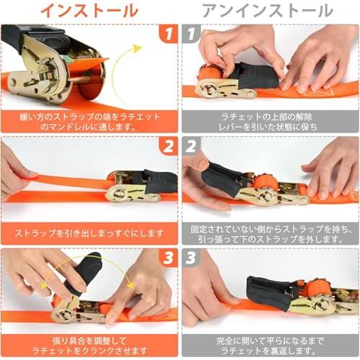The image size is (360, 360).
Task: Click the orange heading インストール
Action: click(89, 11)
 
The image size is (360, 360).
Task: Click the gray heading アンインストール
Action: click(267, 11)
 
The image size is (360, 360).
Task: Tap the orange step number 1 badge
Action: click(168, 34)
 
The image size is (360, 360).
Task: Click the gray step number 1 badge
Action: click(191, 34)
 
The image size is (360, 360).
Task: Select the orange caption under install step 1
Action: click(89, 121)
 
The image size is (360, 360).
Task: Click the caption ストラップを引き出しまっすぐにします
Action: click(89, 233)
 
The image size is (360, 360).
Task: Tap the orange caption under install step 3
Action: click(89, 345)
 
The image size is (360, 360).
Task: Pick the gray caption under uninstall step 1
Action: click(270, 121)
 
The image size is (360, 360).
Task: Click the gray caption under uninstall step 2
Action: click(270, 233)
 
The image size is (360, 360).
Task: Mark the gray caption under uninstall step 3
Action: click(270, 345)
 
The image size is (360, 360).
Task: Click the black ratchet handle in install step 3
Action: click(86, 274)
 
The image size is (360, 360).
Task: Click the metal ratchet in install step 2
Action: click(126, 189)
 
